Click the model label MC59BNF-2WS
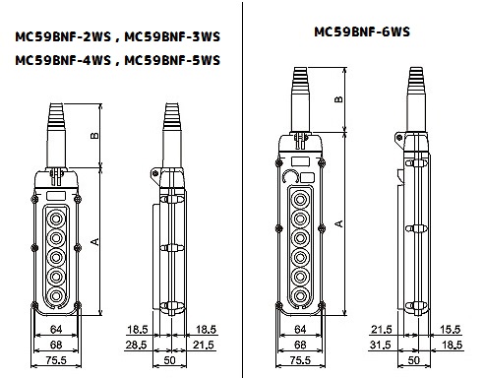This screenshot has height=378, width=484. [63, 36]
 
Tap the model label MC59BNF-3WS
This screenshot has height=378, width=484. [172, 36]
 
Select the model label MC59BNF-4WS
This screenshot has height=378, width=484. [63, 60]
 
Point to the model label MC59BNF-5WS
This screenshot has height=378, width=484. [172, 60]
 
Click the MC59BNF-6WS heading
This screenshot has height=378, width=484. [362, 31]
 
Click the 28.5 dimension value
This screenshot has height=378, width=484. [137, 345]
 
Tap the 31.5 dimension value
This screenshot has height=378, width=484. [381, 345]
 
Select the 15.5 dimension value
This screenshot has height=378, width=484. [451, 329]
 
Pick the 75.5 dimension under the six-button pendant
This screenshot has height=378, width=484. [300, 360]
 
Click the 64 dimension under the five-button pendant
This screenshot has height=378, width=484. [56, 329]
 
